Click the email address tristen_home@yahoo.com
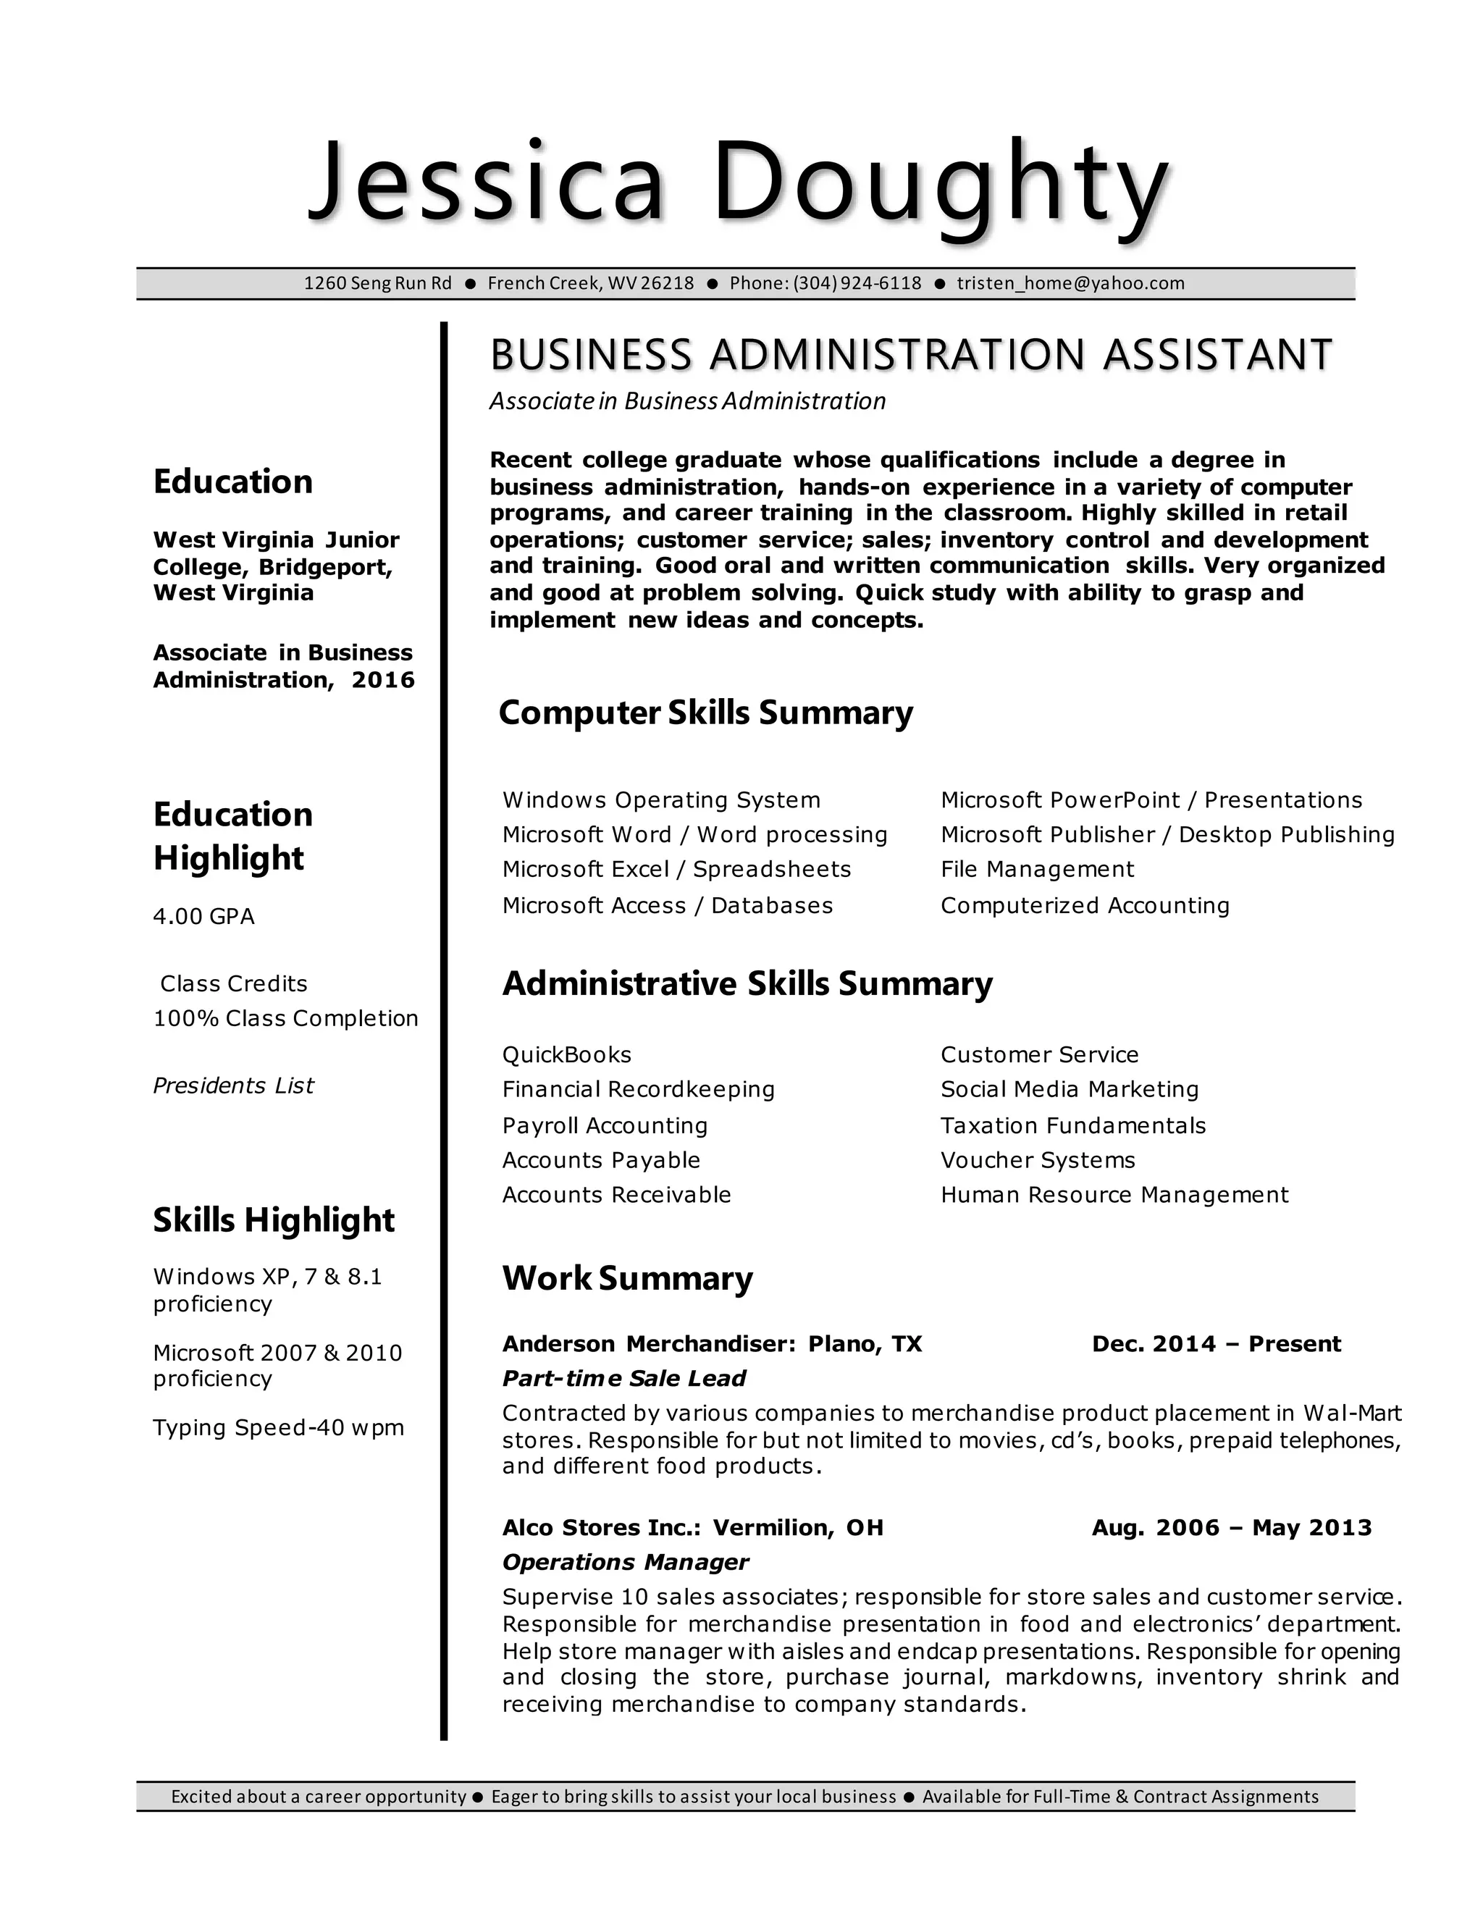point(1070,283)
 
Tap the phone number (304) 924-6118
point(857,283)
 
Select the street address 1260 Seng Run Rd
point(378,283)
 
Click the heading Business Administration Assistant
point(910,355)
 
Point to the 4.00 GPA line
point(203,917)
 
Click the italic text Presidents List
point(233,1086)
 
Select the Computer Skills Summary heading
point(705,713)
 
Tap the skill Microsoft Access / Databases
point(667,906)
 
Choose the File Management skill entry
point(1037,870)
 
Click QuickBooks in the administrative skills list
point(567,1054)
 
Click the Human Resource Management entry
point(1114,1195)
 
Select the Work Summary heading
point(627,1278)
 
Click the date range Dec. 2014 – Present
point(1216,1344)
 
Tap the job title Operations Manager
point(625,1562)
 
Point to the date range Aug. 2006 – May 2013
point(1231,1528)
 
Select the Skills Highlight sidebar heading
point(273,1220)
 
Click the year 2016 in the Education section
point(383,680)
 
